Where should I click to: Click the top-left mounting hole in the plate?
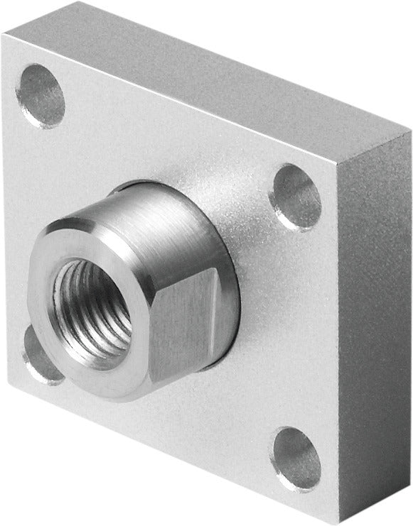[x=41, y=96]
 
